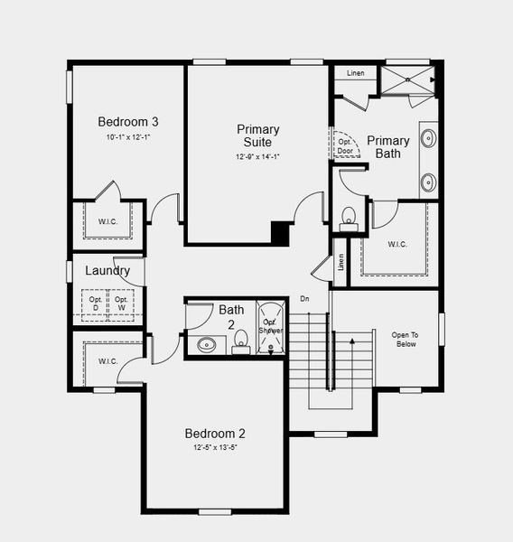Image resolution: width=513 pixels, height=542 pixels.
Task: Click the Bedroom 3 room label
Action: [129, 122]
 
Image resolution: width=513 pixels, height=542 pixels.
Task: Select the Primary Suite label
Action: [258, 135]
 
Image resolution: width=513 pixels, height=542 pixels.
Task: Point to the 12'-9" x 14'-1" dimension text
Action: [258, 156]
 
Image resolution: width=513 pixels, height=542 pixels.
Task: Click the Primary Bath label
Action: [388, 147]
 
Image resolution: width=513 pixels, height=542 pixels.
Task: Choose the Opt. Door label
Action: [345, 146]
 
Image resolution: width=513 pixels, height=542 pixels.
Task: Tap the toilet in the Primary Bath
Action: [349, 217]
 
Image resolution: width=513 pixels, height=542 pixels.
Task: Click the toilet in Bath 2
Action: [240, 341]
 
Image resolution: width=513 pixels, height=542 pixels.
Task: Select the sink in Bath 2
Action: [207, 344]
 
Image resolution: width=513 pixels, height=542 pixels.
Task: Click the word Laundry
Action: [107, 270]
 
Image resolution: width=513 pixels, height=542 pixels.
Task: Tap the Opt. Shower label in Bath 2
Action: [271, 327]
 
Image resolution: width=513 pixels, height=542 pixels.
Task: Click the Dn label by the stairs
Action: [305, 299]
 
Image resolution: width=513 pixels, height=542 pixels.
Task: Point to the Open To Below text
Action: [404, 340]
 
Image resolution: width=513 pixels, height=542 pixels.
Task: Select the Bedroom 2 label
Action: [215, 433]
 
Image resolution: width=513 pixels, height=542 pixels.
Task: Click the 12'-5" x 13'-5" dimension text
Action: [215, 447]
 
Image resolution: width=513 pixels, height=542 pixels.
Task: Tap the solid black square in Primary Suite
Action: [281, 233]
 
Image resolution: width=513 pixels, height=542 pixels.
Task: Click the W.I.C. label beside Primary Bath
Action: [397, 243]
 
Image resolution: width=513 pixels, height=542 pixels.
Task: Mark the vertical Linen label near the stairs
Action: [340, 261]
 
